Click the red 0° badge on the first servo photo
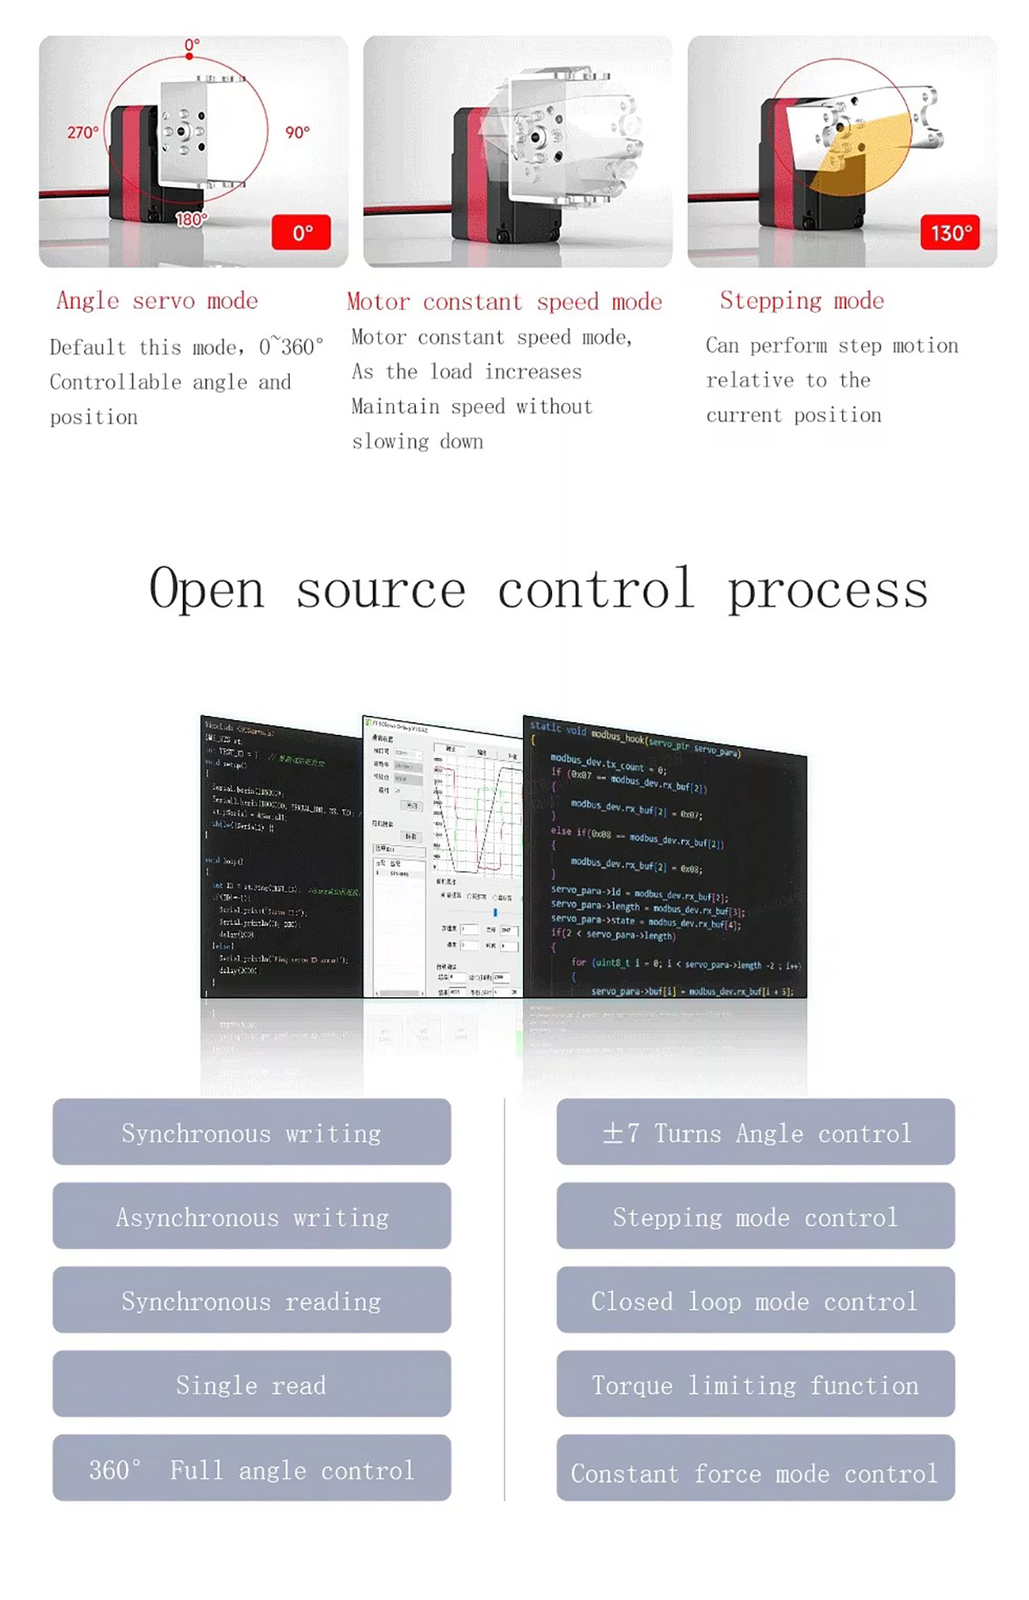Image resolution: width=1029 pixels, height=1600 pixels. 301,232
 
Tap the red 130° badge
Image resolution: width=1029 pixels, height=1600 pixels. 950,232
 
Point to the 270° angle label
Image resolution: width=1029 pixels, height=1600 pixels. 82,133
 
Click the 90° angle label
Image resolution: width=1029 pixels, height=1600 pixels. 297,133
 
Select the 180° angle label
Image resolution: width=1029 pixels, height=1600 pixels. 190,220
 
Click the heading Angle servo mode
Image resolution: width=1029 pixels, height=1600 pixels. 157,301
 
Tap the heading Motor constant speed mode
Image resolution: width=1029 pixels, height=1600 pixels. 504,302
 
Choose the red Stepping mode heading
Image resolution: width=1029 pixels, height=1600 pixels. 802,301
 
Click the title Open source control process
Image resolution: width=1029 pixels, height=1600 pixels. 539,590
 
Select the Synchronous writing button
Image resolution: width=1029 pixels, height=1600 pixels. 251,1133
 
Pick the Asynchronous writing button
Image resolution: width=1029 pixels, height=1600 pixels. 251,1217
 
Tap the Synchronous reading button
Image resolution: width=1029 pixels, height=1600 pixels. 251,1301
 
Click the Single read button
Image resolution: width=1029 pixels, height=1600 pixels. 251,1385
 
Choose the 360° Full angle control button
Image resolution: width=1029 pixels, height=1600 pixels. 251,1469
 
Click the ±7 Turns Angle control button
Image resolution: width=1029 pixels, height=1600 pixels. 755,1133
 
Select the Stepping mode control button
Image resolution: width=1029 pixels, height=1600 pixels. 755,1217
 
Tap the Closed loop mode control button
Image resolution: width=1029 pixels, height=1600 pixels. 755,1301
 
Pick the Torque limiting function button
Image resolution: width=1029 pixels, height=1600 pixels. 755,1385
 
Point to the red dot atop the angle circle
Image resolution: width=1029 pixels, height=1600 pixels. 190,57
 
